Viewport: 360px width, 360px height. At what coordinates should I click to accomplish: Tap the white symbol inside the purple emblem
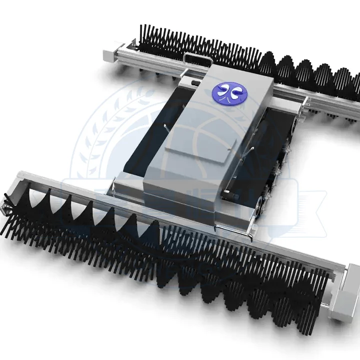click(227, 92)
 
